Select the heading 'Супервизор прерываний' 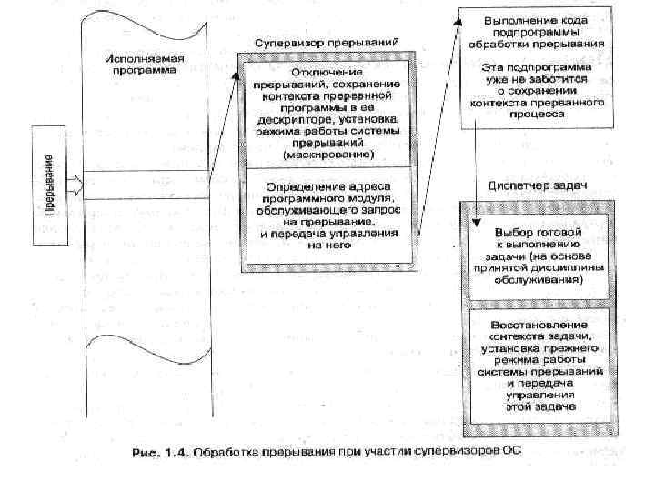(x=326, y=44)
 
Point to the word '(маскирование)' (x=327, y=154)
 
